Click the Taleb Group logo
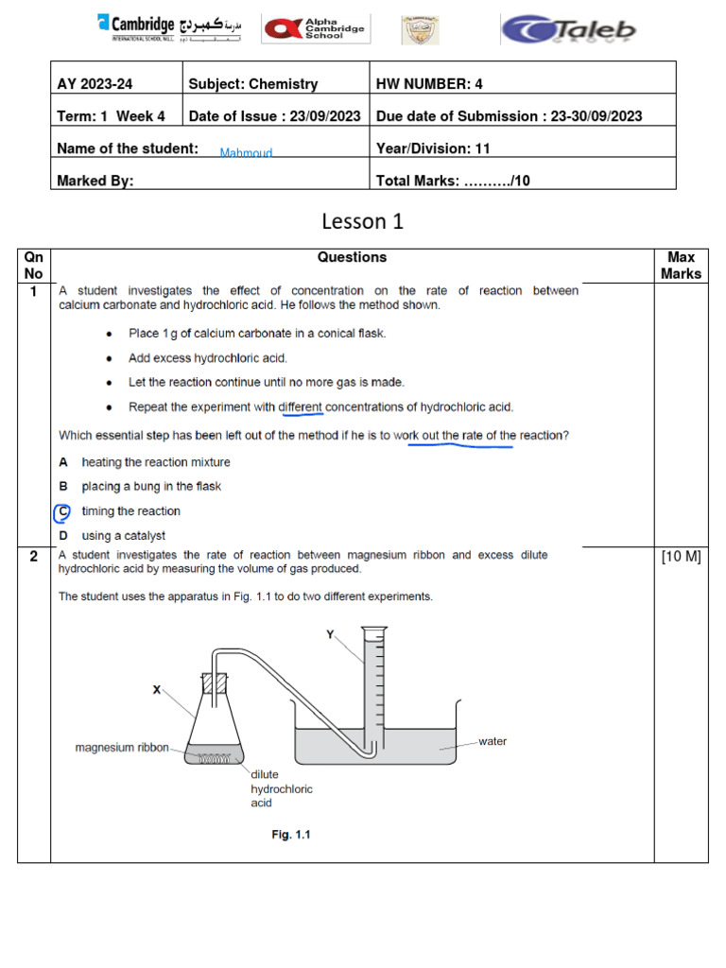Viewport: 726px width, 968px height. point(568,29)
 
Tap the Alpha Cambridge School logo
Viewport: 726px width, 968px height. point(316,29)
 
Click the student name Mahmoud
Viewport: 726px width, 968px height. point(246,153)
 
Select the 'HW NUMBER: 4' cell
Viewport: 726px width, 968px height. point(429,84)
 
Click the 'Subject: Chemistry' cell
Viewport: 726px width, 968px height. point(253,84)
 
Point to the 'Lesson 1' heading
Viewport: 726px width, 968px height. point(362,222)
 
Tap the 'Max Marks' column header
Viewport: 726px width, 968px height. point(681,266)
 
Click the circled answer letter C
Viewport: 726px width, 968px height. point(62,511)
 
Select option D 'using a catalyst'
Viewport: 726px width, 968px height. point(122,536)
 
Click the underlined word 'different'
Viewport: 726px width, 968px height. point(301,407)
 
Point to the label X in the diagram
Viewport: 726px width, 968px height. point(157,690)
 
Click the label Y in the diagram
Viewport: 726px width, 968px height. point(330,635)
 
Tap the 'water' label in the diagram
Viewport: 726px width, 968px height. point(493,742)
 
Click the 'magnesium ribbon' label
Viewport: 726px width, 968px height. point(122,748)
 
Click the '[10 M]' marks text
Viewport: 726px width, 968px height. point(681,557)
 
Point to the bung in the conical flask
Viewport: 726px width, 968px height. point(216,683)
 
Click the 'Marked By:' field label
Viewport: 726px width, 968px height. point(95,181)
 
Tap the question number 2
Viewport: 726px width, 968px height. point(33,557)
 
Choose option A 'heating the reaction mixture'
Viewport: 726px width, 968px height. point(155,462)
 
